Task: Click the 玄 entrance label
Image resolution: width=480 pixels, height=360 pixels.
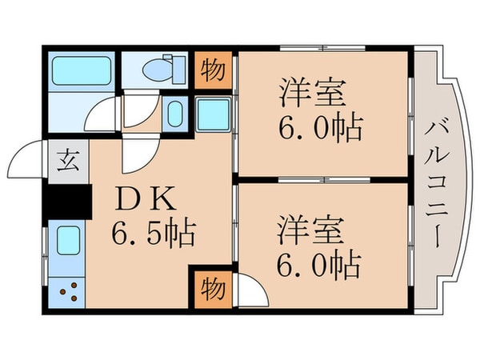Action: point(65,158)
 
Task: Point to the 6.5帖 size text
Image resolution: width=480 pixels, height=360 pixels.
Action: point(154,234)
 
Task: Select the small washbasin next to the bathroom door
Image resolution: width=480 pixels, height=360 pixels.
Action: point(177,114)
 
